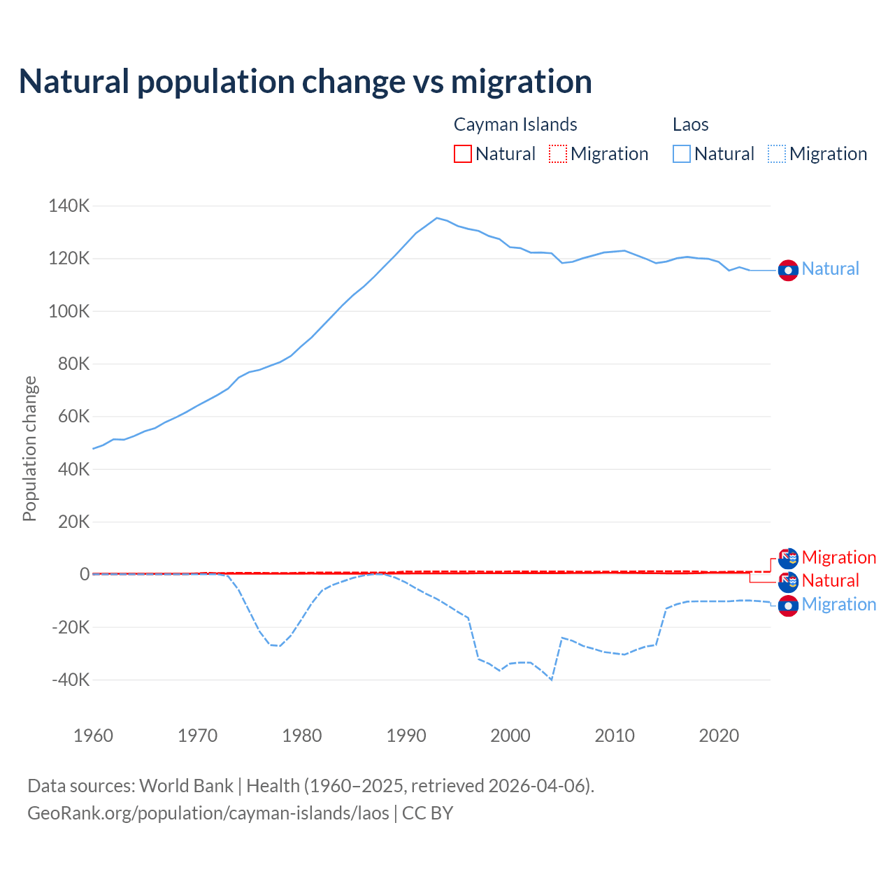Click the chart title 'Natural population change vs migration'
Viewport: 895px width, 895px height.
click(x=305, y=82)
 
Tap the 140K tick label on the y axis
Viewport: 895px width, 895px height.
click(x=69, y=206)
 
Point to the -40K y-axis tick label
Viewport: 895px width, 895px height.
click(x=71, y=680)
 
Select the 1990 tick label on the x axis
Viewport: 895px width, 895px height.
click(x=406, y=736)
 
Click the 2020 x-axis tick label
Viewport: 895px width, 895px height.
click(x=719, y=736)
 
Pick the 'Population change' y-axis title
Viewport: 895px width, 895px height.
click(x=29, y=448)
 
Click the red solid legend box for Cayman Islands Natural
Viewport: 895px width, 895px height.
click(x=463, y=154)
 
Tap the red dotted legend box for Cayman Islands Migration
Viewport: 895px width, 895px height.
click(x=558, y=154)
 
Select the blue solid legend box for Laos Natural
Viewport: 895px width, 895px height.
click(x=682, y=154)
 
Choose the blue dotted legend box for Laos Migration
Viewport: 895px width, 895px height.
click(x=777, y=154)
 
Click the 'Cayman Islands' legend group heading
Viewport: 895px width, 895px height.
click(x=515, y=124)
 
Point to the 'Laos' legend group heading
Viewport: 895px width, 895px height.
click(x=690, y=124)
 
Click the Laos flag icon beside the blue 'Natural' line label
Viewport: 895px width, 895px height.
click(x=788, y=270)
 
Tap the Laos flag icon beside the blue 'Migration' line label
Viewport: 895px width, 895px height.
click(x=788, y=606)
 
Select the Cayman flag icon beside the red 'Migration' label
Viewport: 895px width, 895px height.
click(x=788, y=558)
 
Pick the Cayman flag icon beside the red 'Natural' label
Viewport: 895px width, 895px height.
click(x=788, y=581)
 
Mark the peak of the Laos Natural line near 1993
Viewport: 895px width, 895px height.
click(x=437, y=218)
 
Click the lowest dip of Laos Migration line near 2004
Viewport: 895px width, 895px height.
click(x=552, y=679)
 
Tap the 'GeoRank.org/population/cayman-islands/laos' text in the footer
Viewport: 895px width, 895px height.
click(x=208, y=813)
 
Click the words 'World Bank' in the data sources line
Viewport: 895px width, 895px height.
click(x=186, y=786)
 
